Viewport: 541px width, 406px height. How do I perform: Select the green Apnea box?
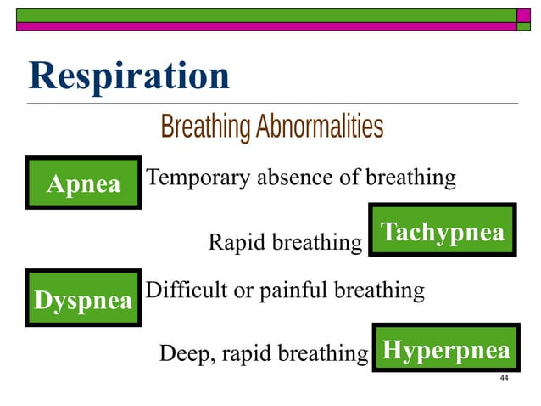(x=83, y=183)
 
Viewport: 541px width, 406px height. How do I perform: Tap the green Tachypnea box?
(x=442, y=231)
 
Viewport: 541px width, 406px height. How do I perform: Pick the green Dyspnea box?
(x=83, y=299)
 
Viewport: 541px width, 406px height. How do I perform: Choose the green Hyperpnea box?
(x=446, y=349)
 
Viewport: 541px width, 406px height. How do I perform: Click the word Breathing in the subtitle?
(x=205, y=127)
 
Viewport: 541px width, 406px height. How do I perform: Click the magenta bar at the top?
(x=263, y=26)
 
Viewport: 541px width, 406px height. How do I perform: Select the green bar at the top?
(x=263, y=14)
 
